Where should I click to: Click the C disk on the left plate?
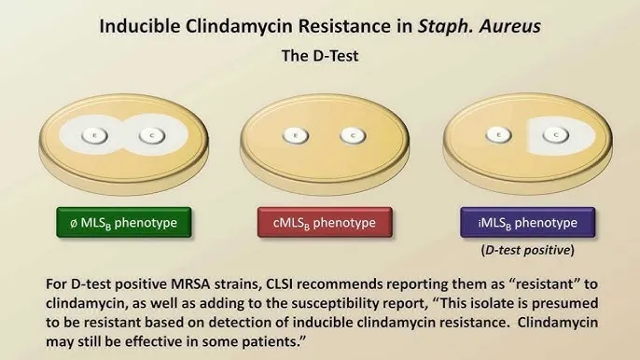coord(151,136)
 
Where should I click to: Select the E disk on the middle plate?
coord(292,136)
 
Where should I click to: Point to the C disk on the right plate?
coord(557,135)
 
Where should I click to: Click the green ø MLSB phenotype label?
coord(124,222)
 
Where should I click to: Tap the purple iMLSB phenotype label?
coord(526,222)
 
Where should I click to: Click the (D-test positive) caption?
coord(527,251)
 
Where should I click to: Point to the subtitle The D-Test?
coord(320,56)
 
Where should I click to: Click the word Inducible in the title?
coord(139,25)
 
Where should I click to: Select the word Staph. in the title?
coord(440,25)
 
